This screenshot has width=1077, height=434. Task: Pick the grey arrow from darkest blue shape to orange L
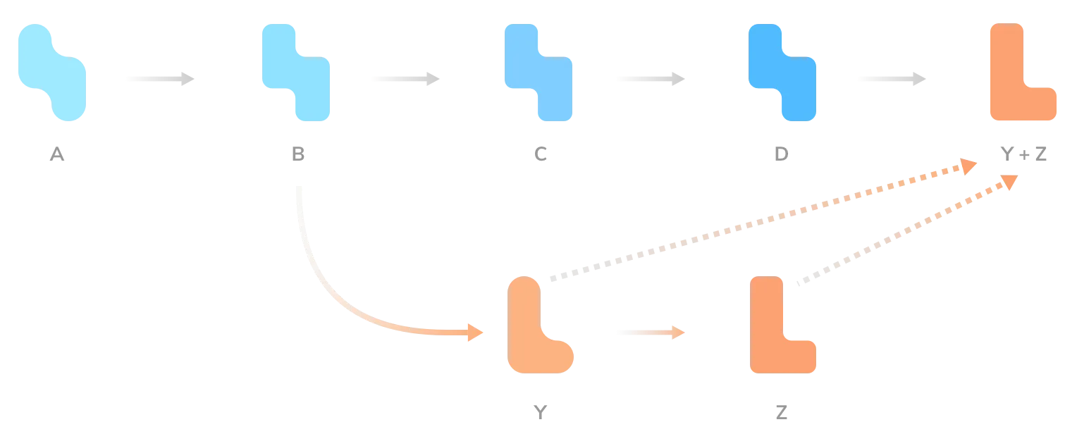point(893,79)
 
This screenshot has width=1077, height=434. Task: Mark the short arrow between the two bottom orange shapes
point(651,332)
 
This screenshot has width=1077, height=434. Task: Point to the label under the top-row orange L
point(1026,156)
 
